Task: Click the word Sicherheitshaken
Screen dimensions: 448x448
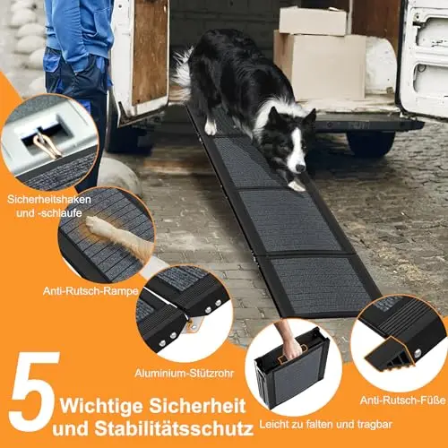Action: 49,200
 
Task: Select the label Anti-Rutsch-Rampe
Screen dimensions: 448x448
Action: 90,291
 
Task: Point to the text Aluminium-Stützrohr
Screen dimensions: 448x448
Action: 185,373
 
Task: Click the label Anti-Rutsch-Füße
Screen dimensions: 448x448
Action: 402,401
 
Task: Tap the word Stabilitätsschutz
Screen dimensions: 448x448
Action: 174,428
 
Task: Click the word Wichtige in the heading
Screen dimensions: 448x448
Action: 101,407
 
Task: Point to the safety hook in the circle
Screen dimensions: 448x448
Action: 47,145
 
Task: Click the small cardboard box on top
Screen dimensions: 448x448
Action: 313,21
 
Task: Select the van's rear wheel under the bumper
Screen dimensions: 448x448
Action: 371,143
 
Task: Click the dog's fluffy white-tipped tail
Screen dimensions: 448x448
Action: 183,73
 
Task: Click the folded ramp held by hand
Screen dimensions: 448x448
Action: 291,370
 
